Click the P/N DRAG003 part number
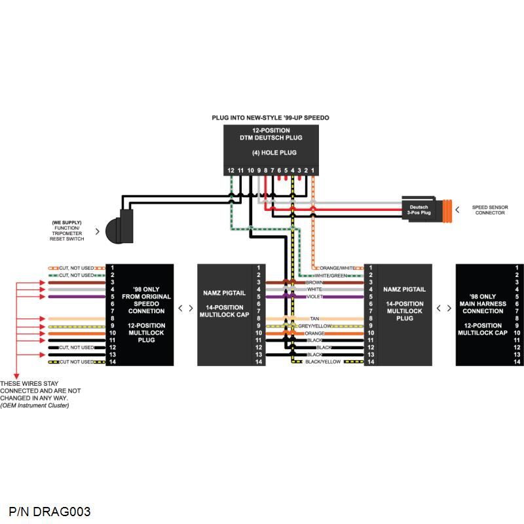[50, 512]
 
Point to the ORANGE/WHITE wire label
[337, 268]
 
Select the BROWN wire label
[314, 282]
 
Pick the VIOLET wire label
[314, 297]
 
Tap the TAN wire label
[314, 318]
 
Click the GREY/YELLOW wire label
[316, 326]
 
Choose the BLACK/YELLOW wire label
[323, 362]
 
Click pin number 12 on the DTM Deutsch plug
[231, 170]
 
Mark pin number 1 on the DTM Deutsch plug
[313, 170]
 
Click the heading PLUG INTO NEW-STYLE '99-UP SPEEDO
[270, 118]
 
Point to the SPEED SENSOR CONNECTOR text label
[490, 210]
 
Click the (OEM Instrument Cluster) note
[35, 405]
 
